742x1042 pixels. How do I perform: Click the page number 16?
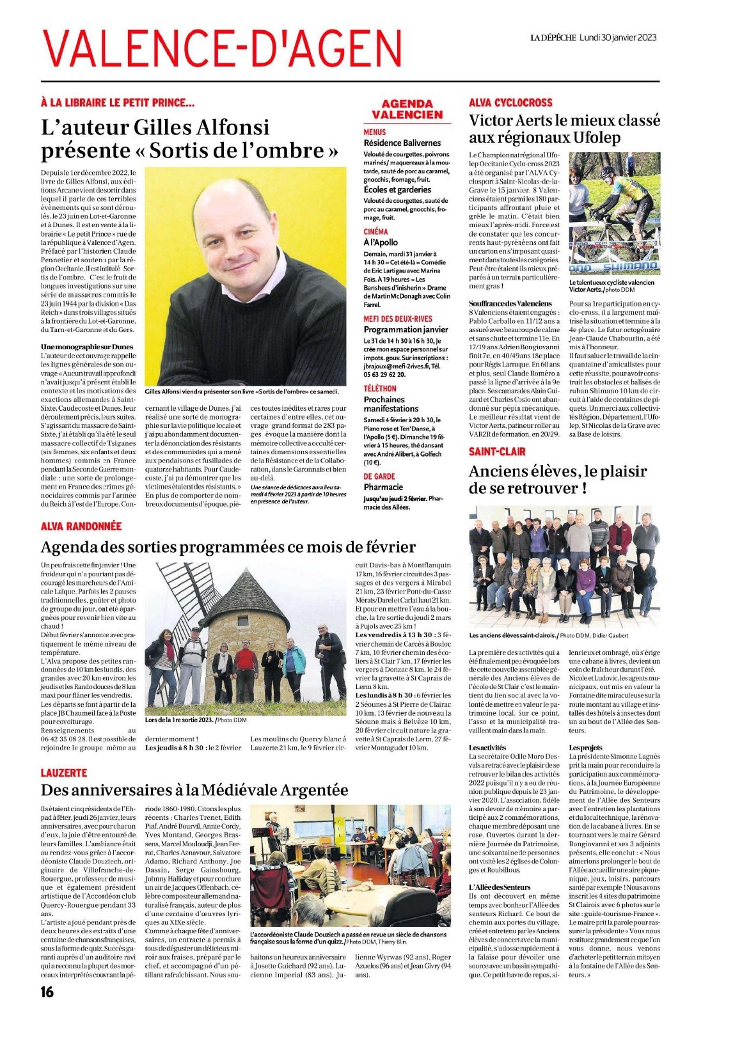coord(47,992)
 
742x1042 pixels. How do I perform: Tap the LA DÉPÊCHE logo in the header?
coord(553,38)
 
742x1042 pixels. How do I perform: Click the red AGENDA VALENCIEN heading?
coord(407,109)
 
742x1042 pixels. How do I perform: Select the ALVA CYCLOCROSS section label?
coord(510,102)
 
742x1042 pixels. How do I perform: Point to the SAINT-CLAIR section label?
coord(497,452)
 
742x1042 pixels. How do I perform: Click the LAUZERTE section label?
coord(64,773)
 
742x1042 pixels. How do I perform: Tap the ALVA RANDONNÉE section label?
coord(81,526)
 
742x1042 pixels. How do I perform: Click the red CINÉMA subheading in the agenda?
coord(375,232)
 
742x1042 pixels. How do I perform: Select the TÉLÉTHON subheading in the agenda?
coord(380,388)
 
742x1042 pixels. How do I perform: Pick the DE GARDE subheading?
coord(379,476)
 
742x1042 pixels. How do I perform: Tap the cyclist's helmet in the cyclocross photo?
coord(607,171)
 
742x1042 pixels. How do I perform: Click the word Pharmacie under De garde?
coord(383,487)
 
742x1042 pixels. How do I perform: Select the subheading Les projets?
coord(585,747)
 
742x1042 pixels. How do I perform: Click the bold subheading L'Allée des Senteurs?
coord(500,887)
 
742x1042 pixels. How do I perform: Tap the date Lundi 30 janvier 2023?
coord(618,38)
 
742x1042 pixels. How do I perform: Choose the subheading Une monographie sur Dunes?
coord(87,347)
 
